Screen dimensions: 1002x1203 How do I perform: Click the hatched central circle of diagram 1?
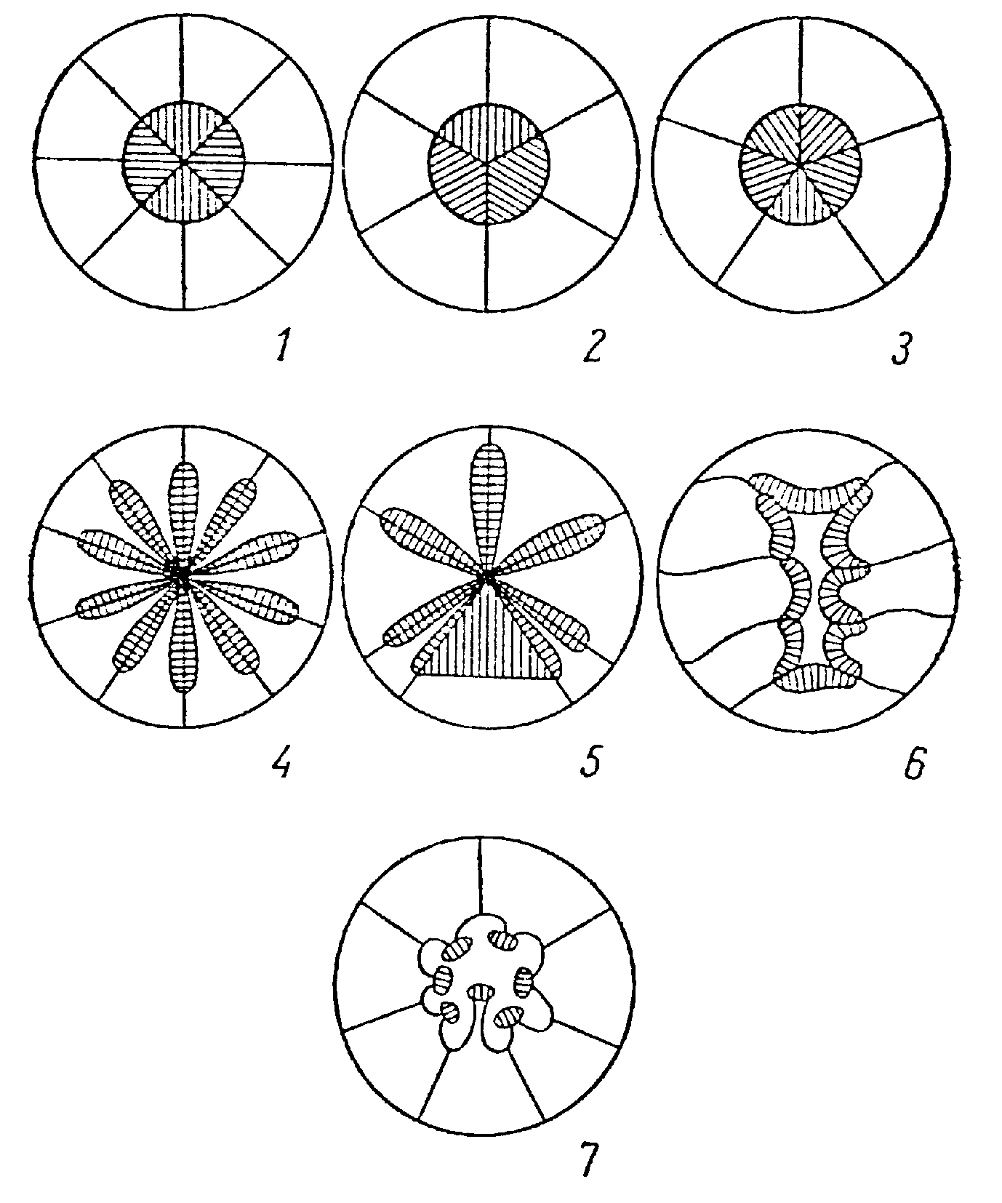[x=184, y=161]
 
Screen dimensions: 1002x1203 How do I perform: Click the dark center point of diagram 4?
[x=180, y=575]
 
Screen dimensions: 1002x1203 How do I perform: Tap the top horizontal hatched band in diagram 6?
[x=809, y=494]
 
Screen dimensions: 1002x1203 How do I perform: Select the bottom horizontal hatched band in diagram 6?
[x=815, y=677]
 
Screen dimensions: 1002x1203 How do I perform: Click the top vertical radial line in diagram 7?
[x=480, y=876]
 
